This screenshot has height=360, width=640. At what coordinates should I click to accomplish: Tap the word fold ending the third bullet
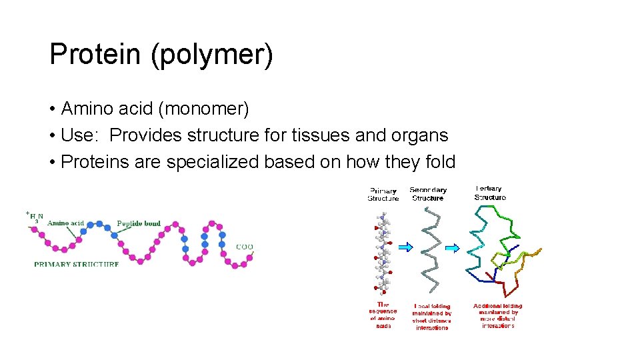tap(439, 162)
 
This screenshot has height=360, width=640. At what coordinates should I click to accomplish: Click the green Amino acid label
tap(65, 223)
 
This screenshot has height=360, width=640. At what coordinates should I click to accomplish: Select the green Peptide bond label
tap(139, 223)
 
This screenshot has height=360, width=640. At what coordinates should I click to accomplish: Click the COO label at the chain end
tap(244, 247)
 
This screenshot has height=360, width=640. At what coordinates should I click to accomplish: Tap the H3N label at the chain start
tap(35, 216)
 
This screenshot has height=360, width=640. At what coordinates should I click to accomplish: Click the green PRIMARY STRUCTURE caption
tap(77, 264)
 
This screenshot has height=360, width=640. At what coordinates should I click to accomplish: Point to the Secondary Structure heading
tap(428, 194)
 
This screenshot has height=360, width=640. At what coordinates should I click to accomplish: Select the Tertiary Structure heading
tap(490, 193)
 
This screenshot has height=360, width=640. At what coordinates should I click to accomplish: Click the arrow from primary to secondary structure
tap(405, 247)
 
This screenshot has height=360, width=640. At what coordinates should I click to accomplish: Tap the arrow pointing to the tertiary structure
tap(452, 248)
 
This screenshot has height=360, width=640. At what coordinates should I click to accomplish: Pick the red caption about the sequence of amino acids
tap(383, 315)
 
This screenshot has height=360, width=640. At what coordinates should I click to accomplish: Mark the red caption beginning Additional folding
tap(498, 315)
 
